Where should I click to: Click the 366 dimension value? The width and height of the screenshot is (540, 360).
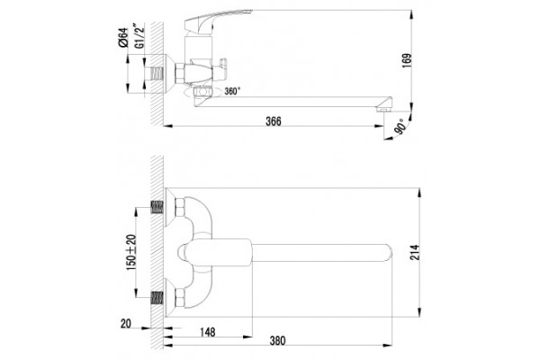273,121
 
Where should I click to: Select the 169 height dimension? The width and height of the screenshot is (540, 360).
407,60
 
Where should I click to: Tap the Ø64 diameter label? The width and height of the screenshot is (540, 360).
123,38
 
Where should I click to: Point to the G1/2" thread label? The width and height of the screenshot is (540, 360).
139,36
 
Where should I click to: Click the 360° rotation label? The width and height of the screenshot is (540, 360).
232,91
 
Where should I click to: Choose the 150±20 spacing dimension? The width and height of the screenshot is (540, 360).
131,252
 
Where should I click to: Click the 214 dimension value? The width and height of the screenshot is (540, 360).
415,252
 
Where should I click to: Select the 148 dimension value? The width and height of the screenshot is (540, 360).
208,332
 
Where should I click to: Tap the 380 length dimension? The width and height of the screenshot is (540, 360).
277,341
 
